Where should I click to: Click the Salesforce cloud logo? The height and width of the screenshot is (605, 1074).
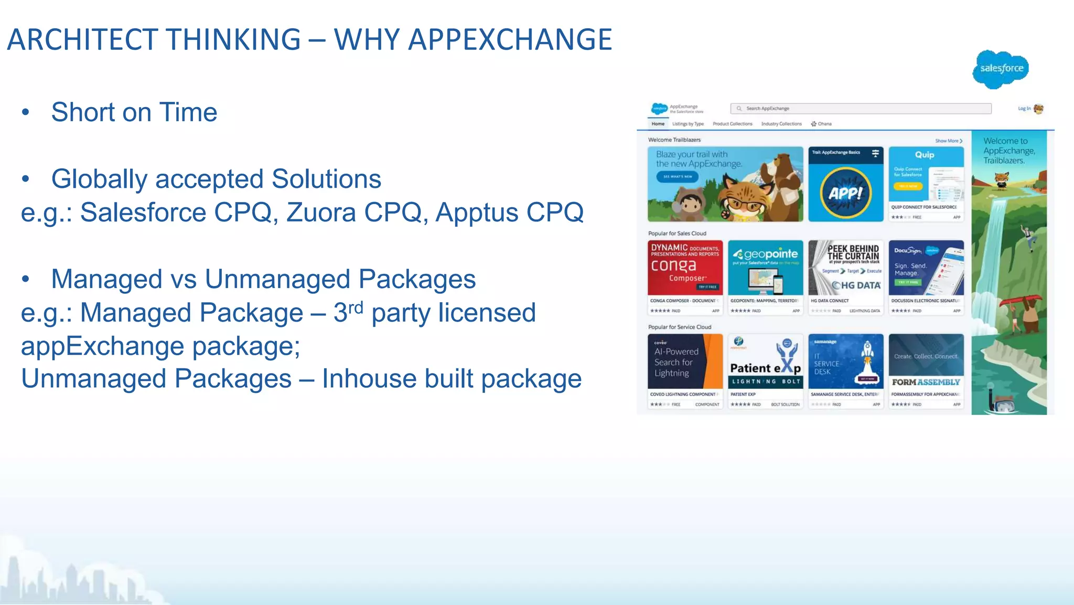point(1001,69)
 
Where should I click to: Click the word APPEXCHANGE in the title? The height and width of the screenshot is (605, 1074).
point(510,40)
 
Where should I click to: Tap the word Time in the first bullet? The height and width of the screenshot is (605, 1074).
point(188,112)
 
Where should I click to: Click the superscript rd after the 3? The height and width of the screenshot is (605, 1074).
point(356,307)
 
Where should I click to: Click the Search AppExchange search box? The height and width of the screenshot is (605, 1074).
point(861,109)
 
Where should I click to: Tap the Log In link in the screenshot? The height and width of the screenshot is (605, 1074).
point(1024,109)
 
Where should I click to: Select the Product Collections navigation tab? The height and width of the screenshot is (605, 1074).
point(732,124)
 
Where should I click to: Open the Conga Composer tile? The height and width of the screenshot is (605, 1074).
point(685,277)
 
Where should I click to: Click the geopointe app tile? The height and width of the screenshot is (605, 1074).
point(765,277)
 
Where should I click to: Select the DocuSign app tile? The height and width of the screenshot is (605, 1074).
point(926,277)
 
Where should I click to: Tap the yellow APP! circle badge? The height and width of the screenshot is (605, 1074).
point(845,193)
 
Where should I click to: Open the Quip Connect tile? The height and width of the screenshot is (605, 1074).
point(926,184)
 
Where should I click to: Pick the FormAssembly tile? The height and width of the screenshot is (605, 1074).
point(926,371)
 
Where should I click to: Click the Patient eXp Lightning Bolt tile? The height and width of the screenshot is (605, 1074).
point(765,371)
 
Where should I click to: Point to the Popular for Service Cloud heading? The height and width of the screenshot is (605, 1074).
point(680,327)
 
